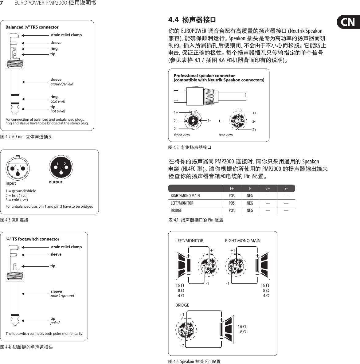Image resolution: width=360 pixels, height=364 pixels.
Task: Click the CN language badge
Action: [348, 22]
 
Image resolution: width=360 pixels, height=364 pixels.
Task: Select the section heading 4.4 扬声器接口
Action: [192, 20]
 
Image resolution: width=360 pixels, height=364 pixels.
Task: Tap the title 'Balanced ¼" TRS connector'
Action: [32, 27]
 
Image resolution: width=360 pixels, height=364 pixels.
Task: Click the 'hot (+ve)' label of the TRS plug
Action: [58, 111]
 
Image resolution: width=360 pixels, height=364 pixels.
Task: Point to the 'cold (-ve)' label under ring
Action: [58, 101]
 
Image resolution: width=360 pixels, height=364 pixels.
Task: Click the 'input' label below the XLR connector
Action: [11, 183]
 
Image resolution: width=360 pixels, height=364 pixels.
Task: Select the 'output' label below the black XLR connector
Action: [55, 182]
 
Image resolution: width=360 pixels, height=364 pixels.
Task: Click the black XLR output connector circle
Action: [61, 166]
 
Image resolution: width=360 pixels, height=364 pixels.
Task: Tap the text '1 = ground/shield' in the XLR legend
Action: [21, 191]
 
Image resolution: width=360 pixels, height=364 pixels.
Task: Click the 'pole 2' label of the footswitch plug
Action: [55, 323]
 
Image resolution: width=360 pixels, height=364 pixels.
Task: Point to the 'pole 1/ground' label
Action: [62, 296]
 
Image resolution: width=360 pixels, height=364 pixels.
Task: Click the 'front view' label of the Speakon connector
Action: [182, 135]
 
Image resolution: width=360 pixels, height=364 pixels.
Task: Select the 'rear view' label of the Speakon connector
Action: [226, 135]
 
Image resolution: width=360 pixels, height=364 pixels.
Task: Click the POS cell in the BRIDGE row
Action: [232, 210]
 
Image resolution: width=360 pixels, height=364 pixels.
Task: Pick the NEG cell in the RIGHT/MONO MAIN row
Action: [250, 196]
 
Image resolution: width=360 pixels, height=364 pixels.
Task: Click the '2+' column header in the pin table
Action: [268, 188]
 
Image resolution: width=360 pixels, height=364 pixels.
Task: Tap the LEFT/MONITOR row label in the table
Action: [182, 203]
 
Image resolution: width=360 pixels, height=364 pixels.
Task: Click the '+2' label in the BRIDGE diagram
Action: [182, 346]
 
